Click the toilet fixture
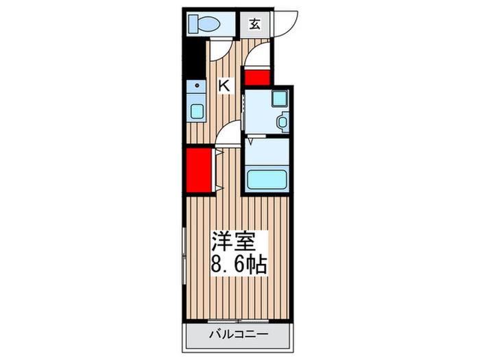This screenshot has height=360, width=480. tap(204, 23)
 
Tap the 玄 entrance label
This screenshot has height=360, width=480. tap(254, 24)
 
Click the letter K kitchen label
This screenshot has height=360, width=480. tap(224, 85)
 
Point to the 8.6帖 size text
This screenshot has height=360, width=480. tap(239, 264)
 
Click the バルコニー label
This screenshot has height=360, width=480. tap(239, 334)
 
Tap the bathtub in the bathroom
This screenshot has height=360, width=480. tap(267, 180)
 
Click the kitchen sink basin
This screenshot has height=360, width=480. tap(197, 111)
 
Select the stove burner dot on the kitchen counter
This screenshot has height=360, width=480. tap(197, 86)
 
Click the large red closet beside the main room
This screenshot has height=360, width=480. tap(199, 170)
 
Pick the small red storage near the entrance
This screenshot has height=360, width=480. tap(257, 77)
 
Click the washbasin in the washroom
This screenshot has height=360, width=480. tap(283, 122)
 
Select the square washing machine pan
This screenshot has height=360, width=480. tap(279, 98)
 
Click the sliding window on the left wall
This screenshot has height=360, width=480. tap(184, 256)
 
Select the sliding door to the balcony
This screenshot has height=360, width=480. tap(238, 321)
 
